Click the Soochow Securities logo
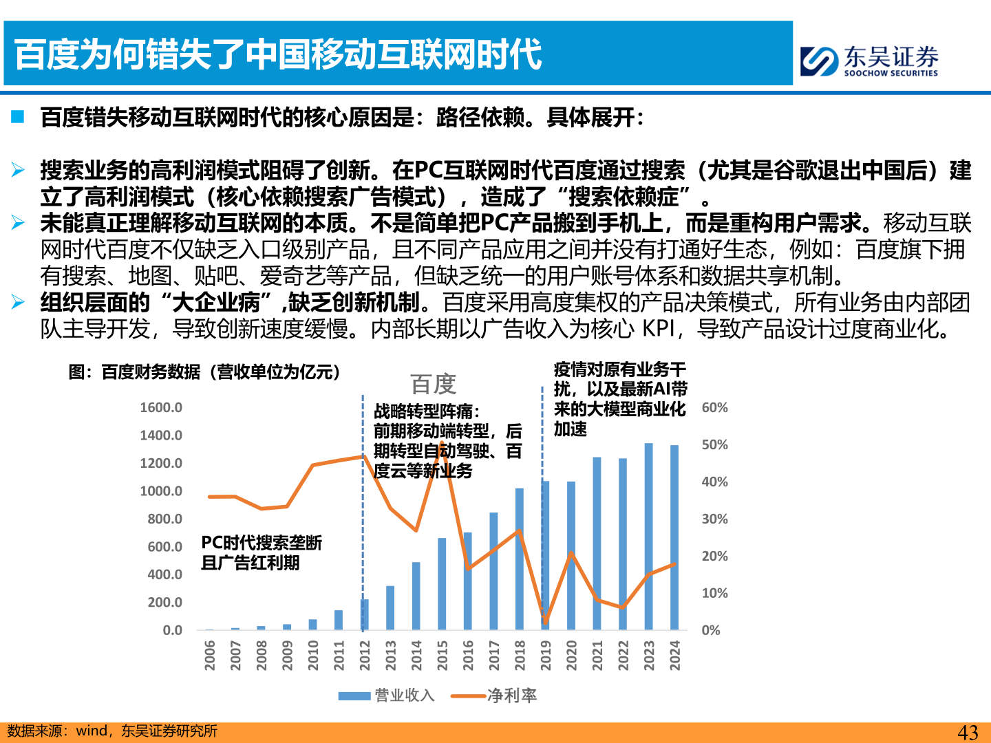(869, 61)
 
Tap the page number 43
(968, 732)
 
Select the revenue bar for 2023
(648, 537)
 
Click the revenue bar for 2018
(520, 559)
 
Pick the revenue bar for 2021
(597, 543)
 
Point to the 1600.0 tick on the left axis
(161, 407)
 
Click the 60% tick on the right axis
(714, 407)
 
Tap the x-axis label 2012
(365, 655)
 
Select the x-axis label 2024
(675, 655)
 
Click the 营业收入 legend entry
(387, 696)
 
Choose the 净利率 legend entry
(494, 696)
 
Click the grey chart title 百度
(434, 384)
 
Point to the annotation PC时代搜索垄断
(262, 543)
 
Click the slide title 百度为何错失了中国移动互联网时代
(278, 55)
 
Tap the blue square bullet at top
(18, 117)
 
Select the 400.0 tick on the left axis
(164, 574)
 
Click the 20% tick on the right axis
(714, 556)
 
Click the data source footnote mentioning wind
(112, 731)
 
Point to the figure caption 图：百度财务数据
(205, 372)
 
